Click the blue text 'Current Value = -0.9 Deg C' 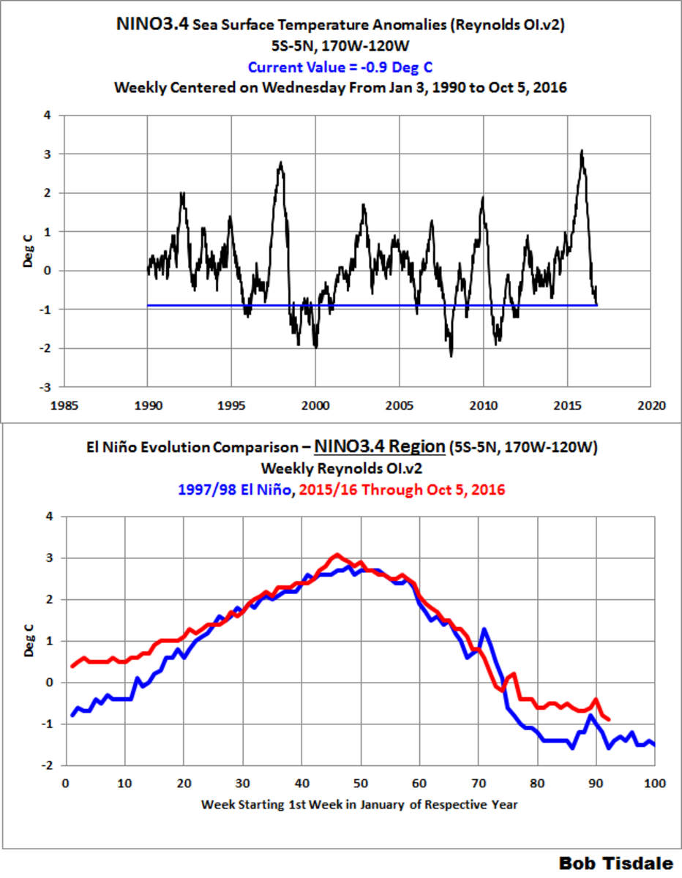pyautogui.click(x=340, y=67)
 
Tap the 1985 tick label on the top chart pyautogui.click(x=64, y=404)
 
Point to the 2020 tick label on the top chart pyautogui.click(x=651, y=404)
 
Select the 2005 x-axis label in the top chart pyautogui.click(x=399, y=404)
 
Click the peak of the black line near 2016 pyautogui.click(x=582, y=151)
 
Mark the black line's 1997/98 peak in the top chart pyautogui.click(x=281, y=162)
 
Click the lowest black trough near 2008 pyautogui.click(x=451, y=356)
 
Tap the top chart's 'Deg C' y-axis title pyautogui.click(x=28, y=251)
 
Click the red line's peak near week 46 pyautogui.click(x=337, y=555)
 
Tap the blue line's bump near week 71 pyautogui.click(x=484, y=629)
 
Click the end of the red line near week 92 pyautogui.click(x=608, y=720)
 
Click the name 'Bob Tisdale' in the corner pyautogui.click(x=615, y=862)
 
